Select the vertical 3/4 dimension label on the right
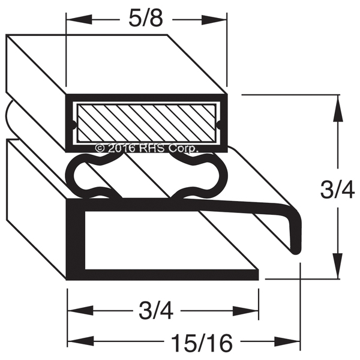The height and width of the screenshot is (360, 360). click(337, 189)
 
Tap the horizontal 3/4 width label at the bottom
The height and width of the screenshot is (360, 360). click(156, 311)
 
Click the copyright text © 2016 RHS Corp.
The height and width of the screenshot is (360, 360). click(146, 148)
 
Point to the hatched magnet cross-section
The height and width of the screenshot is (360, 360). click(146, 123)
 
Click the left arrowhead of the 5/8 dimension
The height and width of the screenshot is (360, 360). click(79, 20)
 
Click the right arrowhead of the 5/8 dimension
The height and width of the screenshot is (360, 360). click(214, 20)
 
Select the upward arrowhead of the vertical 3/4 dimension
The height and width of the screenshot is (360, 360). click(337, 108)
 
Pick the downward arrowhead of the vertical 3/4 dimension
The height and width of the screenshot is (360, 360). click(337, 266)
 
